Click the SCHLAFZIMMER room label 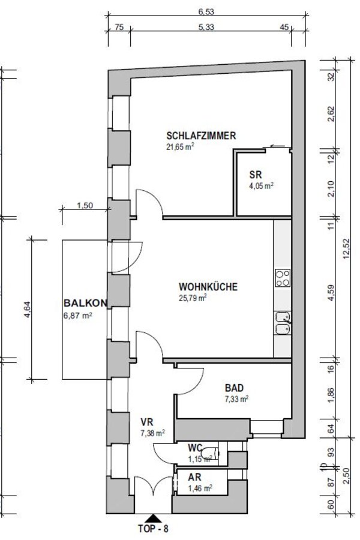[x=201, y=136]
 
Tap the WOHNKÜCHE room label [x=208, y=287]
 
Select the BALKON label [x=85, y=303]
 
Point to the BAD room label [x=234, y=388]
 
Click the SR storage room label [x=256, y=175]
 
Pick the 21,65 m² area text [x=180, y=147]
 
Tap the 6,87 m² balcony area [x=77, y=315]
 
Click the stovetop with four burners [x=283, y=278]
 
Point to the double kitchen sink [x=283, y=323]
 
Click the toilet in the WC [x=210, y=454]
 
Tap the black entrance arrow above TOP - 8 [x=152, y=518]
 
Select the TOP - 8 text [x=153, y=529]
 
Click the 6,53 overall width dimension [x=206, y=11]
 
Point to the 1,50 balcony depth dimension [x=85, y=206]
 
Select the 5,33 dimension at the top [x=206, y=27]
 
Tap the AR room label [x=194, y=478]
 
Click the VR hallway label [x=147, y=422]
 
